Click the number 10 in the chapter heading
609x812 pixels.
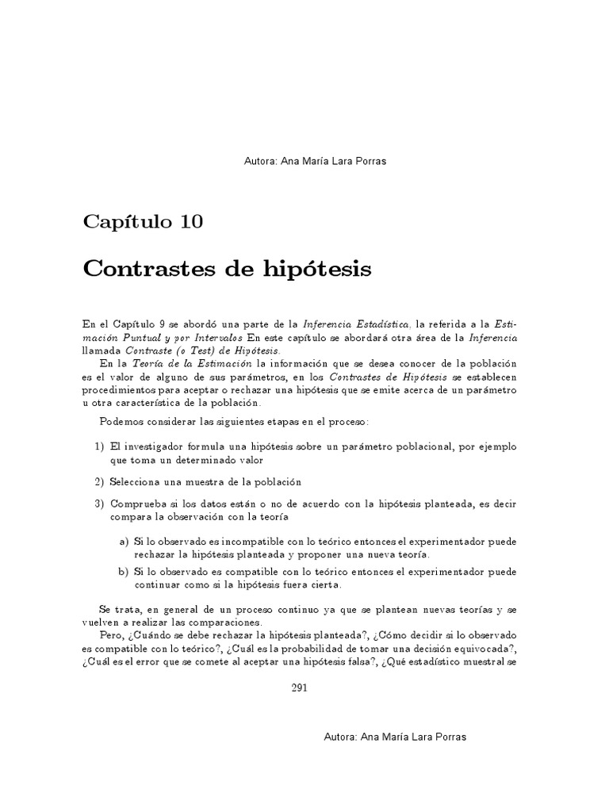point(190,221)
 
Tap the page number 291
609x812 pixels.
point(299,688)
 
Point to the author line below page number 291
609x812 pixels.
point(396,737)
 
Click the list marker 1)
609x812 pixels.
point(100,447)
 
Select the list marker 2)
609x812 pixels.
point(100,482)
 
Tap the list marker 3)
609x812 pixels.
point(100,504)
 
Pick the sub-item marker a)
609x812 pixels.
point(124,542)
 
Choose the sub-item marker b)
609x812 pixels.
point(124,572)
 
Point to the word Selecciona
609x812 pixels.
point(140,482)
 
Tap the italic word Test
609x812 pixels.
point(208,350)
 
